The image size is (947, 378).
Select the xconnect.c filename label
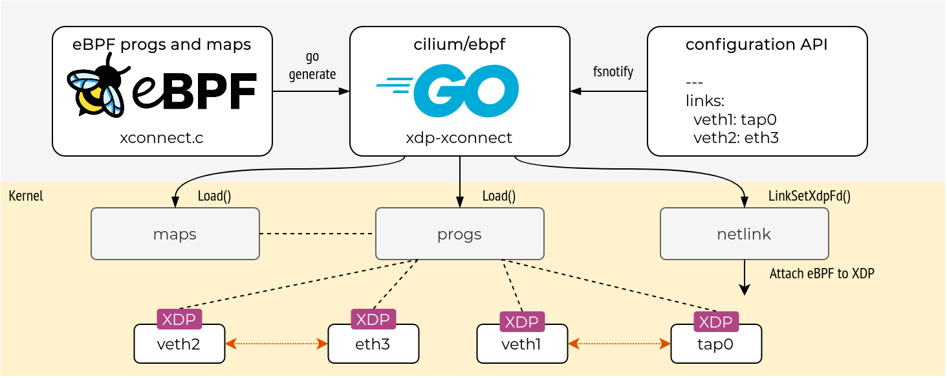point(162,137)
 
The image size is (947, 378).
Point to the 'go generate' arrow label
point(312,66)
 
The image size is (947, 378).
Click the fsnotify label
point(613,71)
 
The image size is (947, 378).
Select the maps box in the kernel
point(175,234)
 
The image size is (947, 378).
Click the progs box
point(459,234)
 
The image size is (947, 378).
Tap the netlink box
point(744,234)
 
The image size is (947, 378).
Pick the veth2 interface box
point(179,344)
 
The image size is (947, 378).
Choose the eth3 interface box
point(373,344)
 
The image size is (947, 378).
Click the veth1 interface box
point(521,344)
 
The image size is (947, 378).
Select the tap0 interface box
point(715,344)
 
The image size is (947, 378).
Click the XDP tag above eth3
point(373,319)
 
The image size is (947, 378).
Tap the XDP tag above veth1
point(521,322)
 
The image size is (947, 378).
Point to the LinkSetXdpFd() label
point(809,196)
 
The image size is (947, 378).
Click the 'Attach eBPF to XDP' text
point(822,274)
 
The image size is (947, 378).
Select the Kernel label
point(26,196)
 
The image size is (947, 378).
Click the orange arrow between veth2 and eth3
point(276,344)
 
